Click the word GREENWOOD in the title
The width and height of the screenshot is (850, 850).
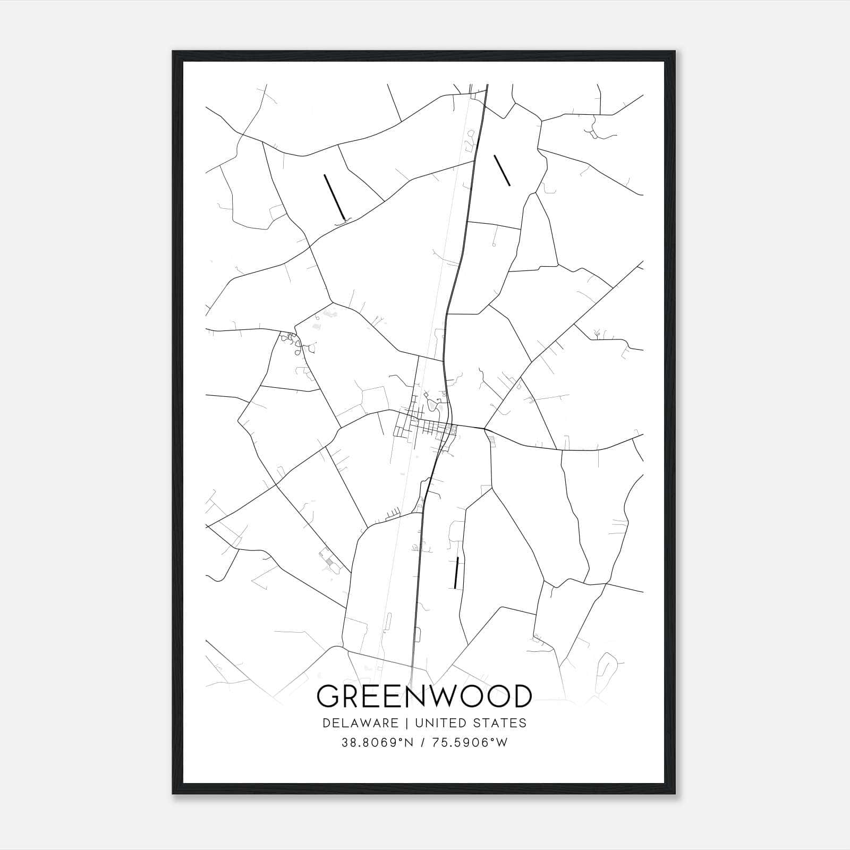pos(424,696)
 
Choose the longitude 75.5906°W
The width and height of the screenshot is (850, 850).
pos(467,743)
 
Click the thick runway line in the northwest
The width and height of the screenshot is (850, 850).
pos(335,197)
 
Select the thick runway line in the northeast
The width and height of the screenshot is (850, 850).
pos(502,170)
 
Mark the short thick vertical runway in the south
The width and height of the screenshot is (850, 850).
pos(456,573)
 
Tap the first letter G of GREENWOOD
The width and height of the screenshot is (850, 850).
pos(328,696)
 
